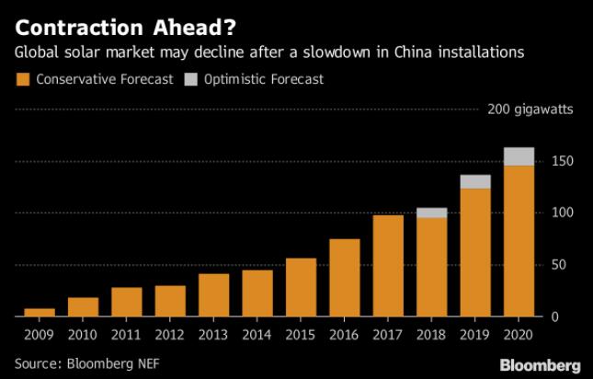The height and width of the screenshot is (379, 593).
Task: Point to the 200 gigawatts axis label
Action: tap(530, 110)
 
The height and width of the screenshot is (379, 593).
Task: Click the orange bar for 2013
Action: tap(213, 294)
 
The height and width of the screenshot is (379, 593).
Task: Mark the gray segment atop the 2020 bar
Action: tap(519, 156)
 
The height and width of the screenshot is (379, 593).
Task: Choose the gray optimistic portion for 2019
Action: tap(474, 181)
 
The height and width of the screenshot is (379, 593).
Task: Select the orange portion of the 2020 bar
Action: tap(519, 239)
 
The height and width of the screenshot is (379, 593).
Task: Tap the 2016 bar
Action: tap(344, 277)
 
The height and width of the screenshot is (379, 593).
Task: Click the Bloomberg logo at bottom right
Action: tap(539, 364)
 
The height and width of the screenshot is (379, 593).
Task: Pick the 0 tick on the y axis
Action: tap(555, 316)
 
